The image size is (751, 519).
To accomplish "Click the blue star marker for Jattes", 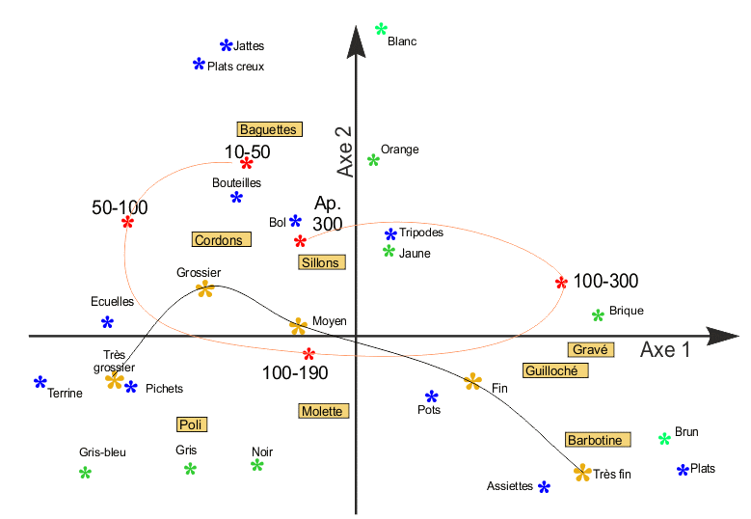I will [x=227, y=45].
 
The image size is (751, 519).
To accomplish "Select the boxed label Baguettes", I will [x=268, y=128].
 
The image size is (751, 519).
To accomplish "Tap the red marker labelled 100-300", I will [x=561, y=283].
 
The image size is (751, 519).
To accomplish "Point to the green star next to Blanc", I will [x=381, y=29].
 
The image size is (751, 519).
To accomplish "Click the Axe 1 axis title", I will [x=665, y=350].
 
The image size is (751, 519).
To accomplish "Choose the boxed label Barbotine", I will [x=598, y=440].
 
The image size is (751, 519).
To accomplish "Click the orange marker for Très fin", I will [x=581, y=473].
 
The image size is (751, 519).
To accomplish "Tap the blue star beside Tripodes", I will [x=390, y=233].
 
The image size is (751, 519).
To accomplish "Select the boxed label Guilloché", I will [x=555, y=370].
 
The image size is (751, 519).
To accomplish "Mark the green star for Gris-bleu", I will [x=85, y=473].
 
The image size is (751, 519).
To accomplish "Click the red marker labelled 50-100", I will [x=127, y=222].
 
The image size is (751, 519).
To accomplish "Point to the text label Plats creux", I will [x=235, y=67].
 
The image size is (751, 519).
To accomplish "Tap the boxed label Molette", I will [x=321, y=411].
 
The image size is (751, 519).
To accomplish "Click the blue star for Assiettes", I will [x=544, y=487].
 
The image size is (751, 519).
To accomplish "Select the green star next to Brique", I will [x=598, y=314].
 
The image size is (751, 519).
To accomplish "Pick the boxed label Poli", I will [x=192, y=423].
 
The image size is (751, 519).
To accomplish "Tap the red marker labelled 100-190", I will [x=308, y=354].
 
